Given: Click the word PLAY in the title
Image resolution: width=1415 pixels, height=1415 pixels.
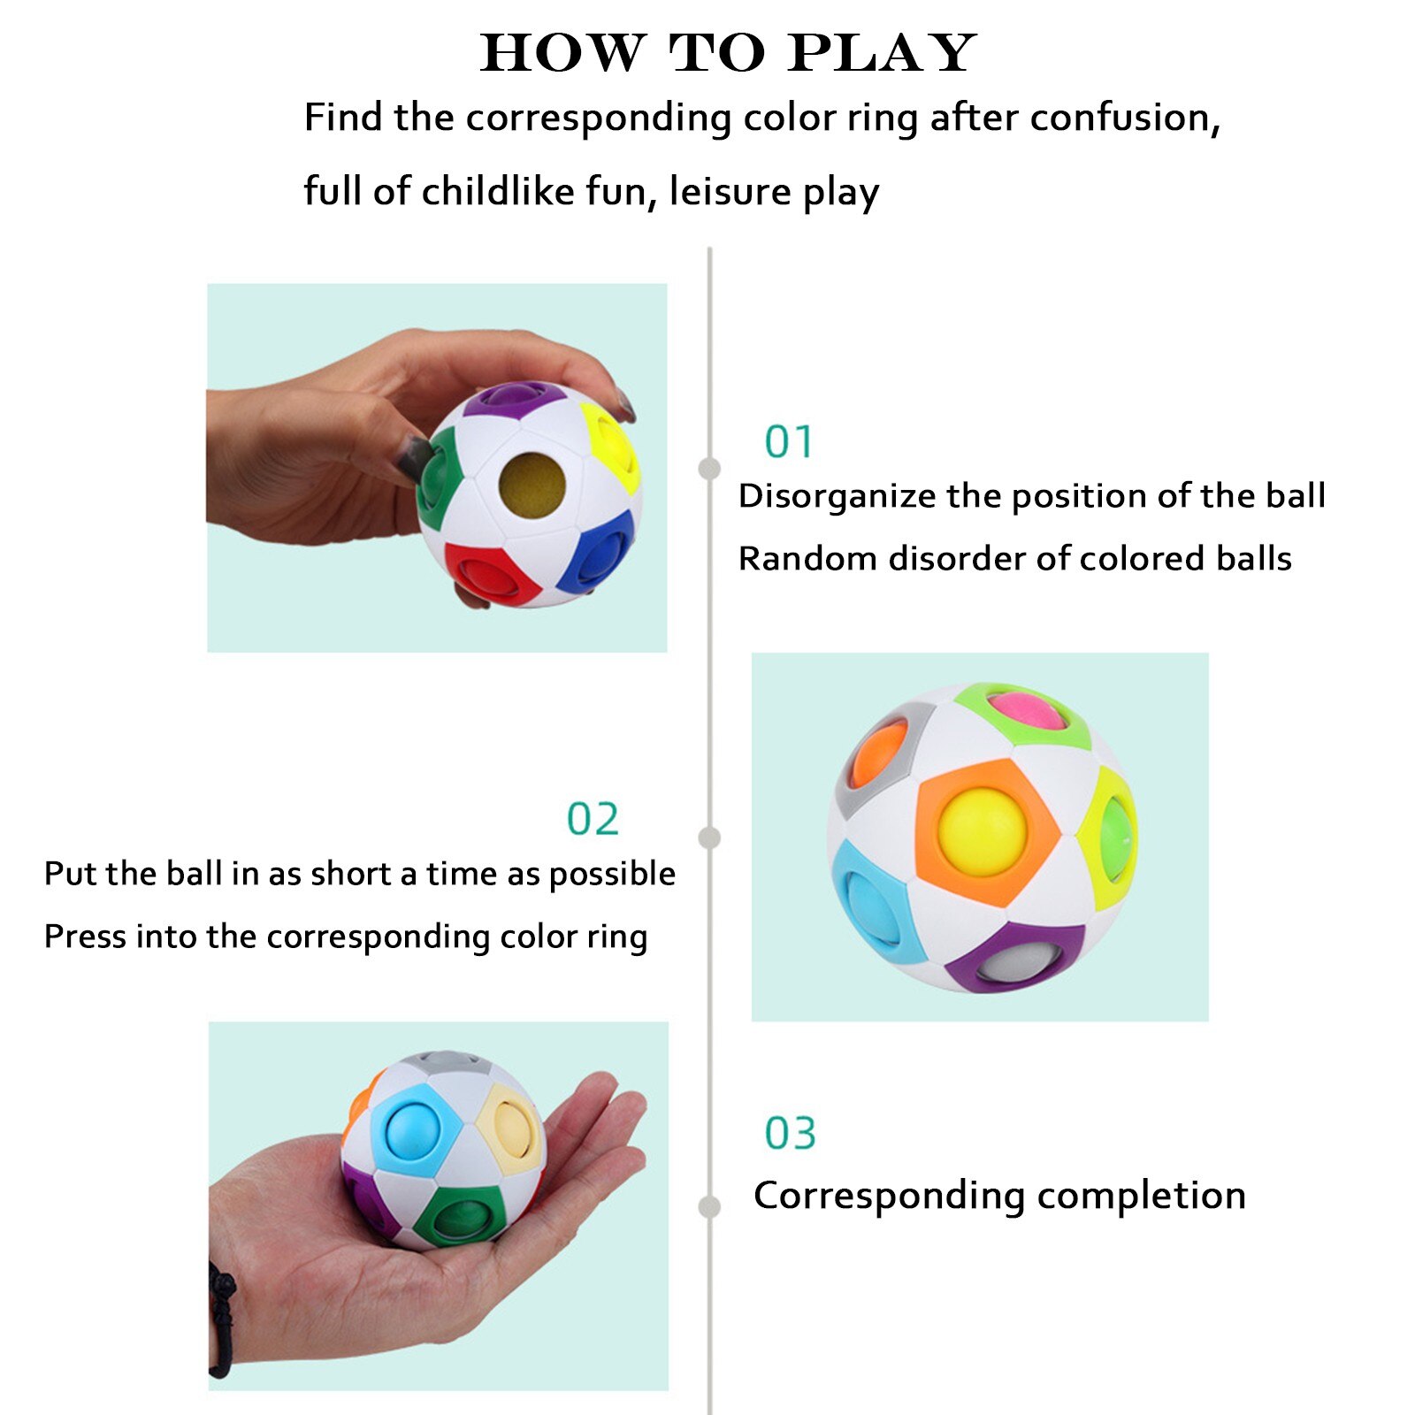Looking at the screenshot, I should [x=882, y=54].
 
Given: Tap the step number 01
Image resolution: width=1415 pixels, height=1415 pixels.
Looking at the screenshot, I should [x=788, y=442].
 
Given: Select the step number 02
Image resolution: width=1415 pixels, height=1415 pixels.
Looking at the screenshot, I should [x=593, y=819].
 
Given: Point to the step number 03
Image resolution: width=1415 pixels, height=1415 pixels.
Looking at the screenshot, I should [x=790, y=1133].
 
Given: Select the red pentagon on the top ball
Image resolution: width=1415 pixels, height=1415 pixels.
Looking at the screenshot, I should [x=489, y=572].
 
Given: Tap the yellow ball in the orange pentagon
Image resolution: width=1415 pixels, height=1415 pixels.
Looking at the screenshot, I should [x=982, y=831].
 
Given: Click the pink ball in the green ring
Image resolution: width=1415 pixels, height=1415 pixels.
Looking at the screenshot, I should [x=1026, y=710].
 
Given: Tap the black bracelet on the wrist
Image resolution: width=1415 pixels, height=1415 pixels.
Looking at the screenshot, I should [x=221, y=1318].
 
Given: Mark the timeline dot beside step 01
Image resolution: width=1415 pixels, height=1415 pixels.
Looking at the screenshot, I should [x=709, y=468].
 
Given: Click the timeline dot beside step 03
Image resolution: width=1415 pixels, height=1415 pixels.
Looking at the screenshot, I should [x=709, y=1206].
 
